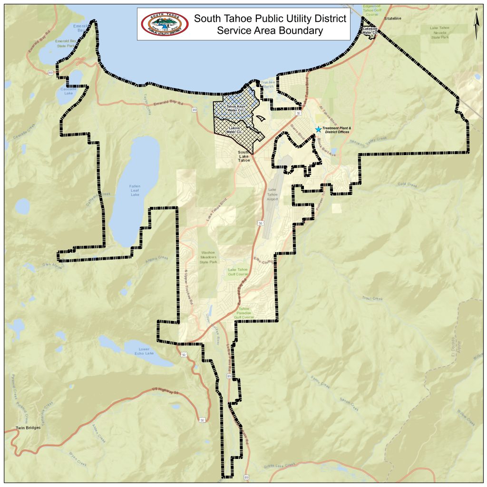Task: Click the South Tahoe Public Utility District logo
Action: click(x=165, y=24)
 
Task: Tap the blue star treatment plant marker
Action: click(x=318, y=129)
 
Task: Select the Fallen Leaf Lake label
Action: click(x=135, y=190)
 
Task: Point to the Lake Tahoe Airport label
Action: click(x=272, y=194)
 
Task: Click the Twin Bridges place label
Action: click(x=28, y=428)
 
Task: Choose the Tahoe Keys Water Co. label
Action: click(x=235, y=108)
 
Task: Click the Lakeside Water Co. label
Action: click(x=370, y=31)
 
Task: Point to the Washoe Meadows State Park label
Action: click(x=208, y=257)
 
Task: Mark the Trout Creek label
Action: click(x=372, y=299)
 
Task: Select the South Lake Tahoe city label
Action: click(x=244, y=156)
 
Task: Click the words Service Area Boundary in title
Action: click(x=270, y=31)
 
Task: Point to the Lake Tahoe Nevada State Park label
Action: click(x=439, y=32)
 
